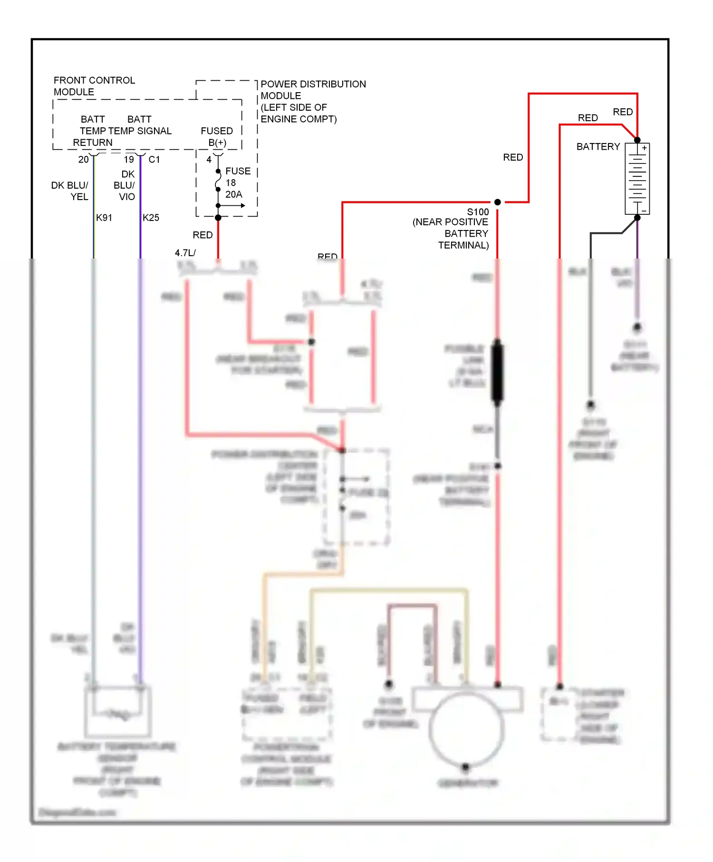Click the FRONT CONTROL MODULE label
tap(94, 86)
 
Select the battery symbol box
tap(637, 179)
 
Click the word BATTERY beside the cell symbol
tap(598, 147)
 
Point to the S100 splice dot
tap(497, 202)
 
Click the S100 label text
tap(478, 212)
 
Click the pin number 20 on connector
tap(83, 160)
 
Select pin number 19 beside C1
tap(129, 160)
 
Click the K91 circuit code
tap(104, 218)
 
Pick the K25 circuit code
tap(151, 218)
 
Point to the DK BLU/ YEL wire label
tap(70, 191)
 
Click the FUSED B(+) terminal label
tap(217, 137)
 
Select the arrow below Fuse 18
tap(233, 206)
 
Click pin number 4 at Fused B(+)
tap(209, 160)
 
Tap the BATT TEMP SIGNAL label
tap(139, 125)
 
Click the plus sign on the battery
tap(644, 148)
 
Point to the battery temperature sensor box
tap(118, 711)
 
